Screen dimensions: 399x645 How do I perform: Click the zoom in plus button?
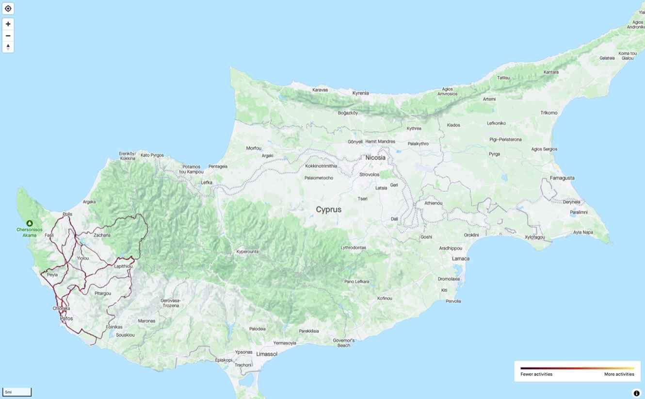(8, 24)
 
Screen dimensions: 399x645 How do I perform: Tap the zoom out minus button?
(8, 35)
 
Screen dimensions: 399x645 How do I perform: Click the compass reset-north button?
(8, 47)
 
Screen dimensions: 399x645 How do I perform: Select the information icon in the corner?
(636, 393)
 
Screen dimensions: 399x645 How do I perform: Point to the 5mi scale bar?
(17, 392)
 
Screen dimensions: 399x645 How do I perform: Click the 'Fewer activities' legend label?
(536, 374)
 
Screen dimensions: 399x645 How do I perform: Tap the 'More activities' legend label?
(619, 374)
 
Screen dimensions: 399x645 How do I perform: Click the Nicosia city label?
(375, 158)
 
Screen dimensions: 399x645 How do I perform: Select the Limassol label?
(267, 354)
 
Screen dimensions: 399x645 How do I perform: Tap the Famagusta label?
(562, 178)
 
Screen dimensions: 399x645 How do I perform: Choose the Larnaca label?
(460, 259)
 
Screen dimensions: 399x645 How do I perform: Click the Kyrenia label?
(360, 93)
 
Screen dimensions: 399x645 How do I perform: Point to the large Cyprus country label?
(328, 210)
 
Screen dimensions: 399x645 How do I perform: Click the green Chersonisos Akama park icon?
(30, 223)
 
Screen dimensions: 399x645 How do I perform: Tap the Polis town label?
(67, 214)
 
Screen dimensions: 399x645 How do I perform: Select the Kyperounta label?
(247, 251)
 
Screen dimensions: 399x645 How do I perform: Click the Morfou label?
(254, 148)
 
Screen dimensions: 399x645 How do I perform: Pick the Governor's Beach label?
(344, 343)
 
